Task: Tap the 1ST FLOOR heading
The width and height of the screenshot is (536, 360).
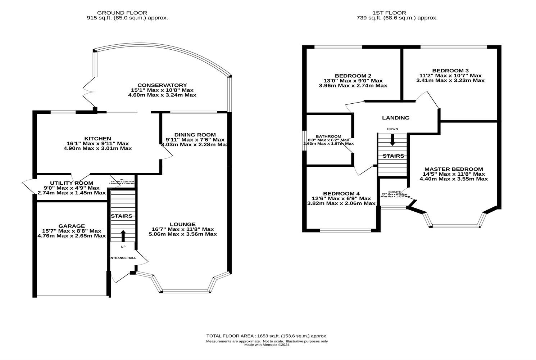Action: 397,13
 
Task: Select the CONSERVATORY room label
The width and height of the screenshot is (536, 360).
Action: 162,85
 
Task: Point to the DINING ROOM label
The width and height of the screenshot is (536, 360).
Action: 195,135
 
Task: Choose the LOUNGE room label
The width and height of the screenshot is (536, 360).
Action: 183,224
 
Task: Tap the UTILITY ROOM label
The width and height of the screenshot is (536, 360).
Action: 72,183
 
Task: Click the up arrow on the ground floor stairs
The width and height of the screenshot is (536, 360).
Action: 123,236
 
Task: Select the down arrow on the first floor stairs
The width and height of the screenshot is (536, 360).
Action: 392,140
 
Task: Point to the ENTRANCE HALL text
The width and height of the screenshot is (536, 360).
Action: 123,258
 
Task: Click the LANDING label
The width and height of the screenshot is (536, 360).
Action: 396,118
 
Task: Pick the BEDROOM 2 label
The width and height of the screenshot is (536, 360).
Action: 353,76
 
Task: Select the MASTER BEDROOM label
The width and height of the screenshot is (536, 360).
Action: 454,169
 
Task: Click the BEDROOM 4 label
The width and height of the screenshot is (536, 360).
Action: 341,193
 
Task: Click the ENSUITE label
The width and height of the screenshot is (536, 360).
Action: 394,192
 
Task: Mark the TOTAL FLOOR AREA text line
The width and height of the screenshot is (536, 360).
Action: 267,336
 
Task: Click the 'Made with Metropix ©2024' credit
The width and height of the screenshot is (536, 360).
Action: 267,345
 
